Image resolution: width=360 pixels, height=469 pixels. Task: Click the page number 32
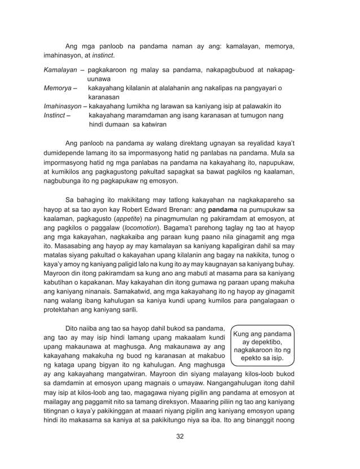coord(179,436)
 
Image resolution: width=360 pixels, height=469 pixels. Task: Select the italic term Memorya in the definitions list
coord(58,89)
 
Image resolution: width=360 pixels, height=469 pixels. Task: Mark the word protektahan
coord(63,310)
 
